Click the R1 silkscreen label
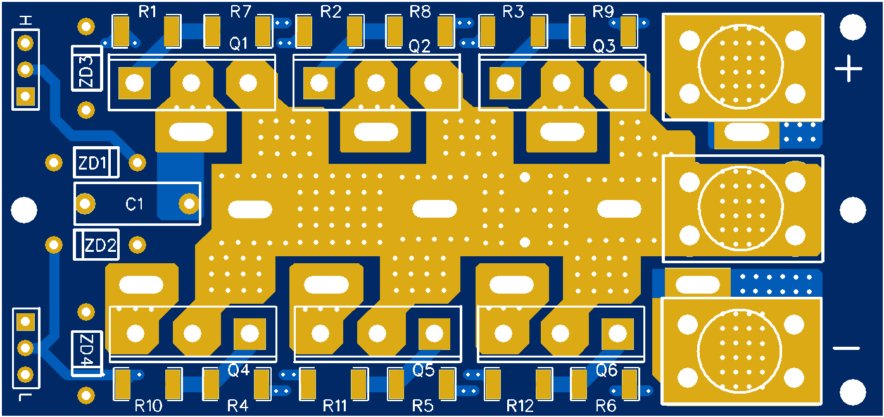point(147,12)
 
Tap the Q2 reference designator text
point(419,47)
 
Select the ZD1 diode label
point(92,163)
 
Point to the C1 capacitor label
point(134,204)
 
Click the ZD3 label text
point(85,72)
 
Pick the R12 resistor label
point(520,406)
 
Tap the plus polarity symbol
point(848,68)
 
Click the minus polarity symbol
point(846,349)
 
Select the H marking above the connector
point(26,20)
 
